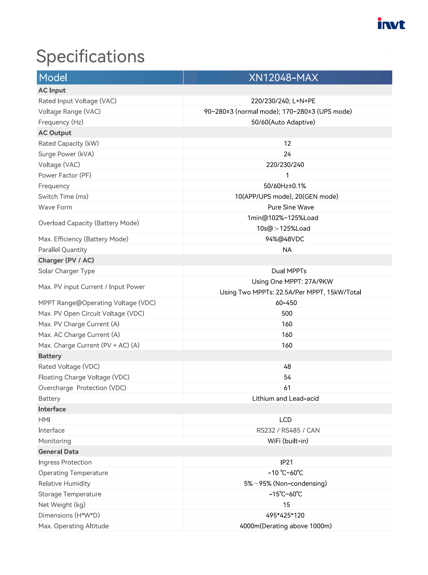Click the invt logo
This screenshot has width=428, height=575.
click(391, 24)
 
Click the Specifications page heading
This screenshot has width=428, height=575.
click(91, 57)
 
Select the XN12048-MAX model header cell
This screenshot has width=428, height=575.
click(283, 78)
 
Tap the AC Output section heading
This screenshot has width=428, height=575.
click(55, 133)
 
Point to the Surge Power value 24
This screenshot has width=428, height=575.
click(287, 154)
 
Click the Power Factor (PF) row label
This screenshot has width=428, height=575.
click(65, 175)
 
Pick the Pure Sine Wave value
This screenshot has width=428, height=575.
click(291, 207)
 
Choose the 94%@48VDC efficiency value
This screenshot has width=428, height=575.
click(285, 239)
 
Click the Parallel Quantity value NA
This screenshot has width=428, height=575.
click(287, 250)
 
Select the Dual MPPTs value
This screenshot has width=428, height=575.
click(289, 271)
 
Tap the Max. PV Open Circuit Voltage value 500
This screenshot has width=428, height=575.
click(287, 313)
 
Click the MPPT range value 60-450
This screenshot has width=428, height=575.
click(286, 303)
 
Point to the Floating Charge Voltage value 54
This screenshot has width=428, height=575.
click(287, 377)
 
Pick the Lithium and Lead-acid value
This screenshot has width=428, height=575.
click(285, 399)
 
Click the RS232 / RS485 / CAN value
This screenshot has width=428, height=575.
click(288, 430)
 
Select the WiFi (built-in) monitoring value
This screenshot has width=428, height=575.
click(288, 441)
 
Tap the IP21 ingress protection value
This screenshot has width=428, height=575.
click(287, 462)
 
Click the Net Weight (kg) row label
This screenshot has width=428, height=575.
click(62, 505)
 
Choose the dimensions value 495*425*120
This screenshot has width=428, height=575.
click(285, 515)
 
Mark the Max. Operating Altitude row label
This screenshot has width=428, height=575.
click(73, 526)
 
